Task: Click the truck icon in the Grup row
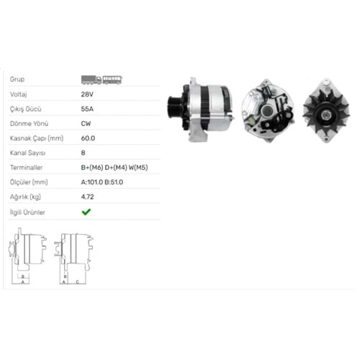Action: [91, 80]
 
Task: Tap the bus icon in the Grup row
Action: [112, 80]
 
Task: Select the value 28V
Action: [87, 94]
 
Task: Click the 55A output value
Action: [87, 109]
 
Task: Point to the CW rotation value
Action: [86, 124]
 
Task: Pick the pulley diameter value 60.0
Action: [88, 138]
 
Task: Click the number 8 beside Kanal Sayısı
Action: [83, 153]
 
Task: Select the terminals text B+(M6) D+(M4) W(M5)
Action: [114, 168]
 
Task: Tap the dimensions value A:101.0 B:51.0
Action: [102, 182]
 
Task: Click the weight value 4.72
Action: [87, 197]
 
